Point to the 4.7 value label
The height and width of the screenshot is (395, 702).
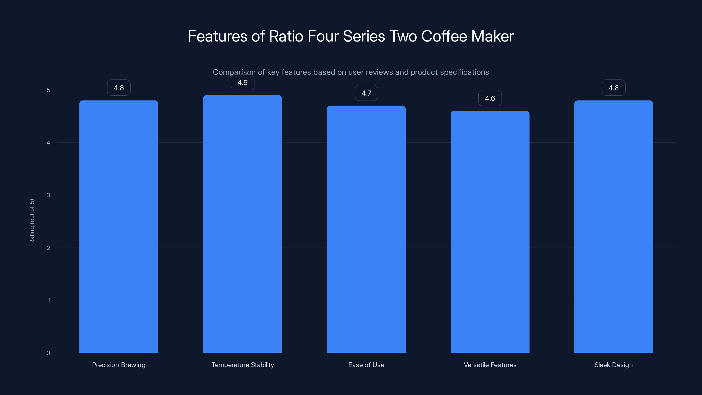click(366, 93)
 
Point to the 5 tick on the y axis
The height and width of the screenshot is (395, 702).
click(48, 90)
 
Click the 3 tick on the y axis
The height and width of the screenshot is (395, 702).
click(48, 195)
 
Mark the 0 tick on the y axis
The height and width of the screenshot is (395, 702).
click(48, 353)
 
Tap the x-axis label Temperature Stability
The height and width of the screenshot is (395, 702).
click(243, 365)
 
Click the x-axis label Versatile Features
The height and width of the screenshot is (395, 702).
click(490, 365)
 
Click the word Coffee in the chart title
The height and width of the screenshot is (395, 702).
click(444, 36)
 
